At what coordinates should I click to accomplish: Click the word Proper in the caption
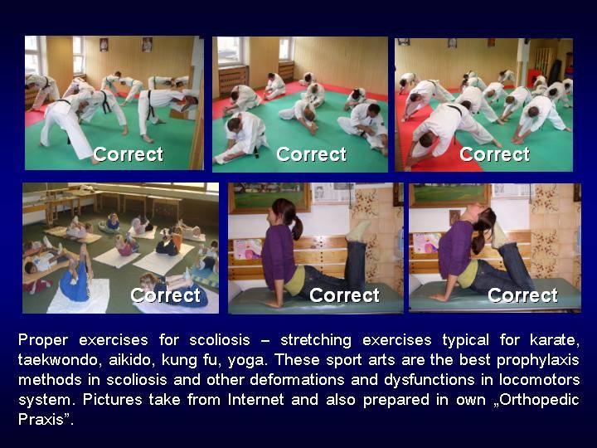click(x=43, y=340)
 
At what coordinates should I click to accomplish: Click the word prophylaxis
click(x=537, y=360)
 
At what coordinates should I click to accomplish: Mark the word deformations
click(x=297, y=379)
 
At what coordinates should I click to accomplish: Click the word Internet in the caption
click(x=256, y=399)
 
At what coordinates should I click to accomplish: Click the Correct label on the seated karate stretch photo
click(x=311, y=154)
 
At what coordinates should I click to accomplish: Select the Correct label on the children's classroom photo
click(x=165, y=295)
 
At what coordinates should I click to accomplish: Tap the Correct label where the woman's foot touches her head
click(x=522, y=295)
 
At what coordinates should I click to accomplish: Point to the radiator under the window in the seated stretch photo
click(x=233, y=80)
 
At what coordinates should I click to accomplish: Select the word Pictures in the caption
click(x=112, y=399)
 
